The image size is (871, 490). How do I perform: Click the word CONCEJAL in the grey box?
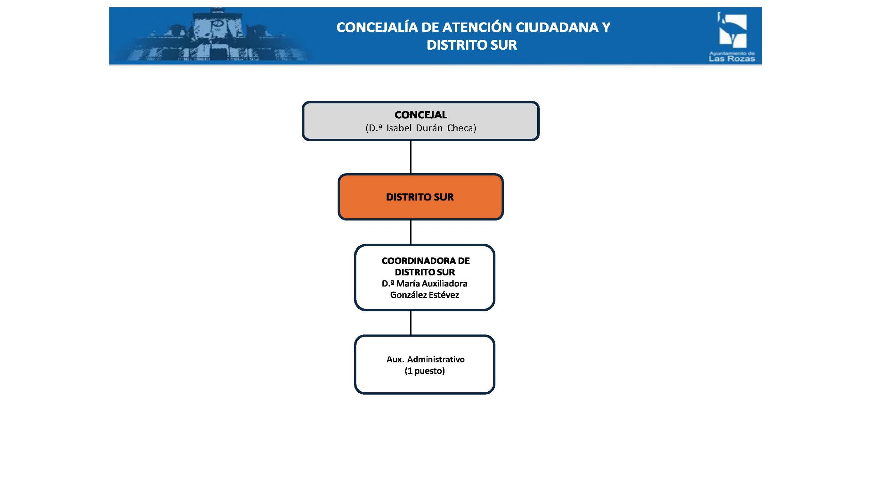coord(421,115)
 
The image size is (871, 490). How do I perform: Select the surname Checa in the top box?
coord(461,128)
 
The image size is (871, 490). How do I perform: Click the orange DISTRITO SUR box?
coord(420,197)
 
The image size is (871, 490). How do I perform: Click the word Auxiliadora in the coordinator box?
coord(443,283)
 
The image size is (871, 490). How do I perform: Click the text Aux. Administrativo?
coord(425,359)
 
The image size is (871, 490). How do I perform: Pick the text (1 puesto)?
coord(425,371)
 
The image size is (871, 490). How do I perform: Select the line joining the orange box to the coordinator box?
coord(411,232)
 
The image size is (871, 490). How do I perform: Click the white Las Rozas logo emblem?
coord(733,31)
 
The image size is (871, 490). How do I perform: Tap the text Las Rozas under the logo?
coord(732,59)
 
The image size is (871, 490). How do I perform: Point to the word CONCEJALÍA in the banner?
coord(377,28)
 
